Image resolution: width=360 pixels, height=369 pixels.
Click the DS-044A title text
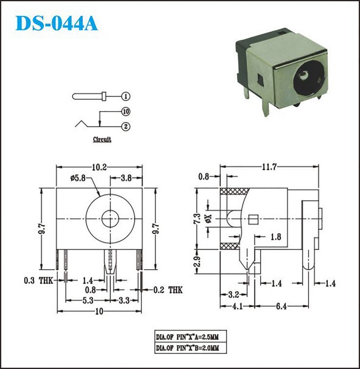(x=57, y=23)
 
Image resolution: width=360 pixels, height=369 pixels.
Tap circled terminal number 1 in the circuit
(x=126, y=96)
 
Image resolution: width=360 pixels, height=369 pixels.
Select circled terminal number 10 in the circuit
(x=126, y=111)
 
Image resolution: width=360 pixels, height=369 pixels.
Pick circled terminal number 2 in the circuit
(x=126, y=127)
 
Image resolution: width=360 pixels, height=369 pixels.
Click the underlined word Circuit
(x=102, y=139)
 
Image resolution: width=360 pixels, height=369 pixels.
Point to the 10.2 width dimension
(x=99, y=167)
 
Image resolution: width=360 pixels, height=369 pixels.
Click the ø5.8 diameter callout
(x=78, y=178)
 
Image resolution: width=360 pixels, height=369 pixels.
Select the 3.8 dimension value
(x=126, y=178)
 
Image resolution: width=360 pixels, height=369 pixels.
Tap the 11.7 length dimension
(x=269, y=167)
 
